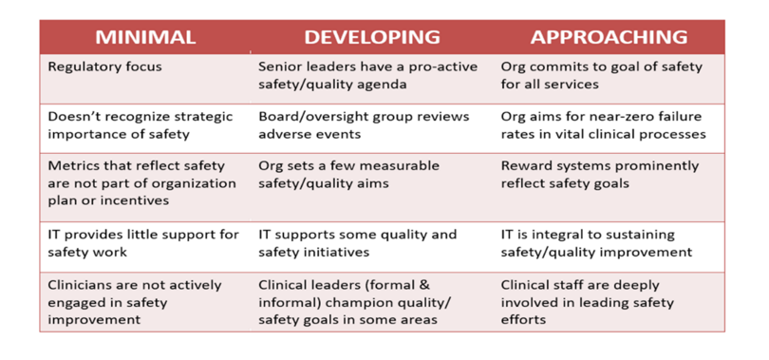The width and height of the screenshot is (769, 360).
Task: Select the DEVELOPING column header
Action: coord(371,37)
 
